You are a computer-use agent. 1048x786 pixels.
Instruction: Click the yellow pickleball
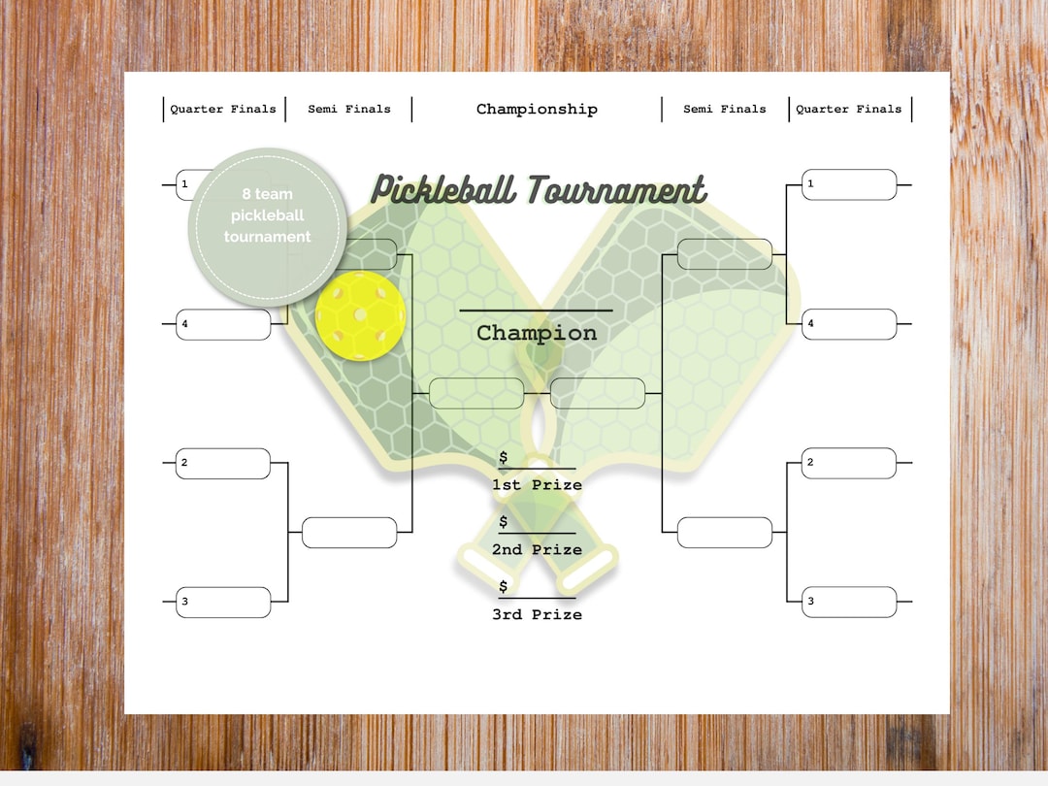point(361,315)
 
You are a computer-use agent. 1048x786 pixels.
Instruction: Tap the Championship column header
point(537,109)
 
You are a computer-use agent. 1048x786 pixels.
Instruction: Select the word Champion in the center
point(537,333)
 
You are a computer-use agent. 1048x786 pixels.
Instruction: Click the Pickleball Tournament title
point(539,189)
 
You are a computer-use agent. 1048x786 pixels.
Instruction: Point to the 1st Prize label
point(537,484)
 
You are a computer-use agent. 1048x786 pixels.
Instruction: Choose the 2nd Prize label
point(537,549)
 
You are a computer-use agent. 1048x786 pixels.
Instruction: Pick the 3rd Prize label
point(537,614)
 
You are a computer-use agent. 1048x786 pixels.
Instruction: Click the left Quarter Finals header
point(223,109)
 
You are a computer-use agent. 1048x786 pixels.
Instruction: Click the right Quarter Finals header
point(849,109)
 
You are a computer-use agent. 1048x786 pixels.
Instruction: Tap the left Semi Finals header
point(349,109)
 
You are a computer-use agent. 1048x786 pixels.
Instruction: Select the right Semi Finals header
point(725,109)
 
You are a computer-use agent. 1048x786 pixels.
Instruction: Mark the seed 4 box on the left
point(223,324)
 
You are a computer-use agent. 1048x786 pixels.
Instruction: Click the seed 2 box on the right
point(849,463)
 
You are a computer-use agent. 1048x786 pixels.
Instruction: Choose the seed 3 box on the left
point(223,603)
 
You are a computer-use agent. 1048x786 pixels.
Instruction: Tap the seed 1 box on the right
point(849,184)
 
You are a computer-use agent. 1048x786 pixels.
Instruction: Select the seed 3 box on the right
point(849,603)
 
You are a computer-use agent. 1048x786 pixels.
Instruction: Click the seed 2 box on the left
point(223,463)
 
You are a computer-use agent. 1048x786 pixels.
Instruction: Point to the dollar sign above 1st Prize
point(503,457)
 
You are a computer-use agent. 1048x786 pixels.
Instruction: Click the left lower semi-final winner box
point(349,533)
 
